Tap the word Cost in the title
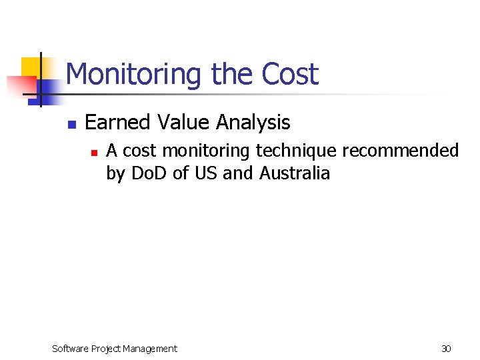pyautogui.click(x=290, y=74)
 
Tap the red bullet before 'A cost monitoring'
pyautogui.click(x=94, y=153)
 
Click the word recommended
pyautogui.click(x=401, y=151)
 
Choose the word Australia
pyautogui.click(x=295, y=174)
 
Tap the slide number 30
pyautogui.click(x=446, y=349)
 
